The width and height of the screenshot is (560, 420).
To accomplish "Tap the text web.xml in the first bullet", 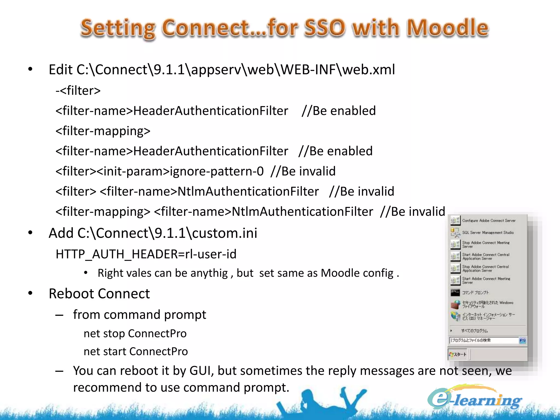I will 368,69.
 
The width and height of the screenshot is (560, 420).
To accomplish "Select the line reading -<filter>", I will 78,91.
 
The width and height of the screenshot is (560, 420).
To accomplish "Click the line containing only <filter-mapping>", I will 103,131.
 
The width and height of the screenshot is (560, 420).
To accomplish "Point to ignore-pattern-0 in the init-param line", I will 217,171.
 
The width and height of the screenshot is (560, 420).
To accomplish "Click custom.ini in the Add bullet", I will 224,233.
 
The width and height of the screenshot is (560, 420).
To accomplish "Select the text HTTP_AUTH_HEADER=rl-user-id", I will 146,254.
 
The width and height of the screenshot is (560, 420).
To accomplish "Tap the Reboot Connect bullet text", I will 99,294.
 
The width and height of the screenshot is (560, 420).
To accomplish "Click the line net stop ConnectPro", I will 135,334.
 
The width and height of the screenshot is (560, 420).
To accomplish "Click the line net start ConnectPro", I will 136,352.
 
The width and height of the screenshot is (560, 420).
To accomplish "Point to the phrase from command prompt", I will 139,315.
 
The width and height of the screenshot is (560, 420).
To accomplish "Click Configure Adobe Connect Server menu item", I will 488,221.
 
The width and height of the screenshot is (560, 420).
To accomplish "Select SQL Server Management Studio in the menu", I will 488,233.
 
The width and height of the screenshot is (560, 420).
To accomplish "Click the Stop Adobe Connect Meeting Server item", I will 485,244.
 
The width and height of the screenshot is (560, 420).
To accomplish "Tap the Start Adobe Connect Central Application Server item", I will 485,256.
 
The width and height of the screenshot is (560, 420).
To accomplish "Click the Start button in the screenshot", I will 457,354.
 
